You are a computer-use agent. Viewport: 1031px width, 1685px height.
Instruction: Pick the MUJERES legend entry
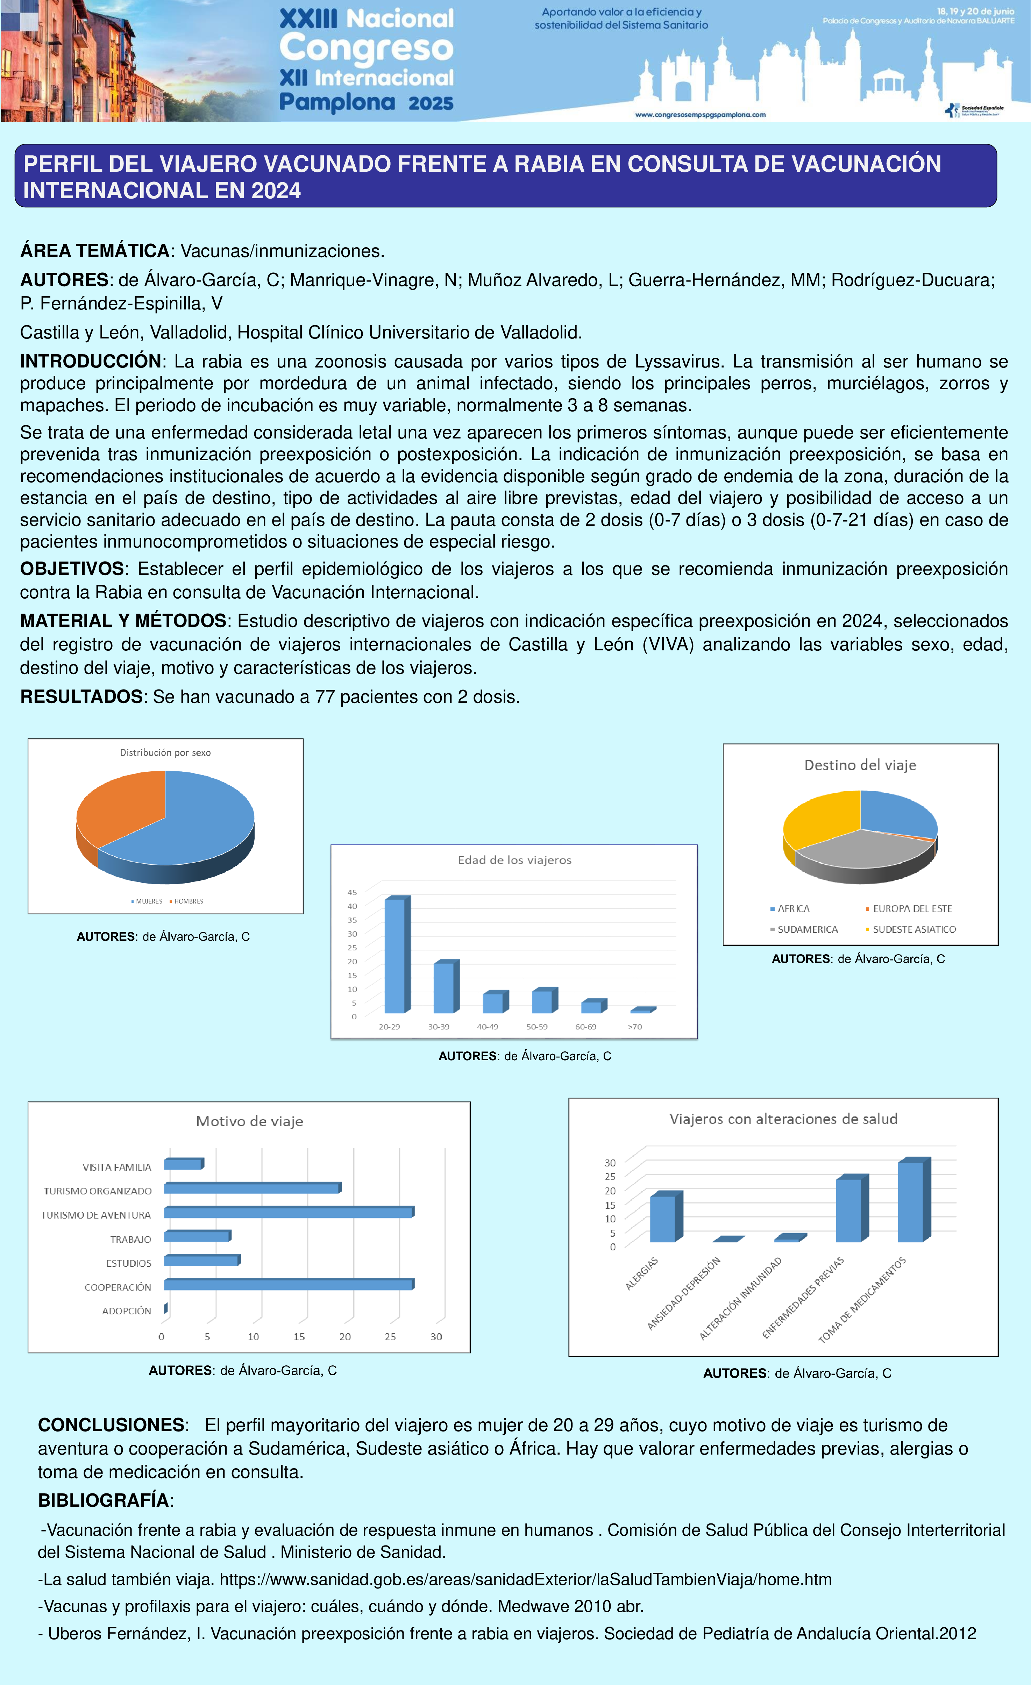tap(148, 901)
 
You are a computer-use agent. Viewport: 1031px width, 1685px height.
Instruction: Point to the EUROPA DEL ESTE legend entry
tap(911, 909)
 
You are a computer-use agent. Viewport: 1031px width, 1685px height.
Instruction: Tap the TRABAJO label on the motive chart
tap(131, 1239)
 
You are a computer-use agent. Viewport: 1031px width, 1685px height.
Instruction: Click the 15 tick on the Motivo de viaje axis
tap(299, 1336)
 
